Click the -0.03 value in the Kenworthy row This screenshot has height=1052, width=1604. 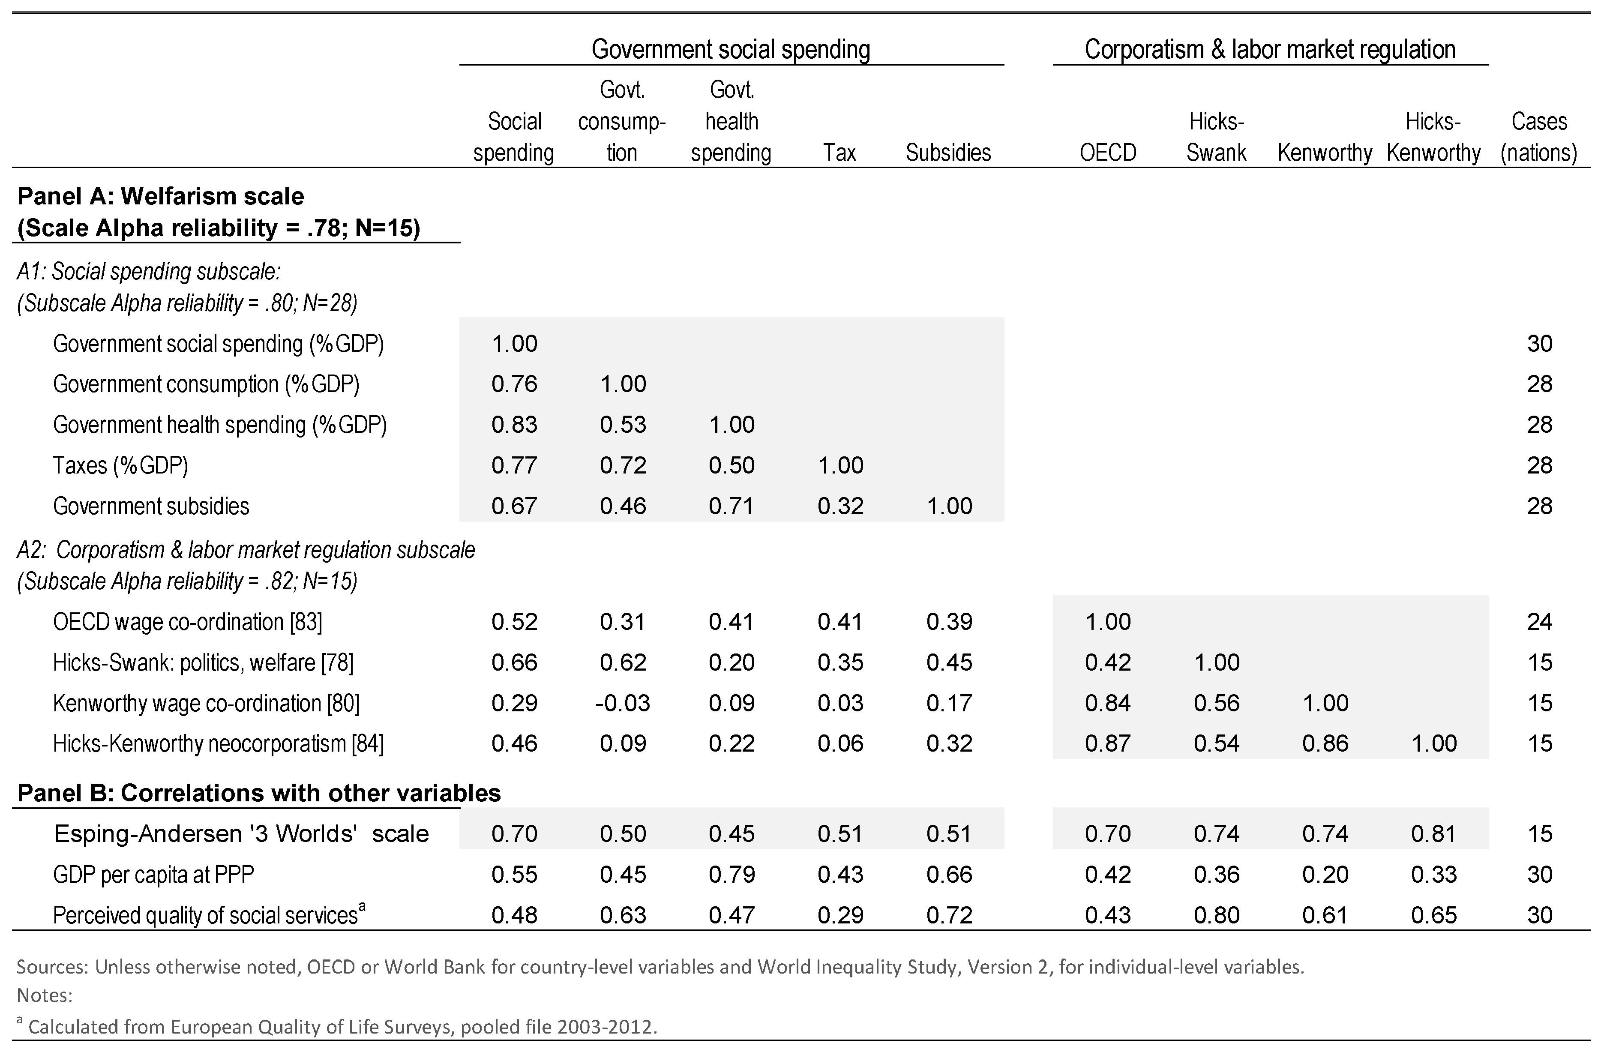click(x=622, y=703)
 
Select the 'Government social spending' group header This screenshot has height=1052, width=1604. click(x=731, y=49)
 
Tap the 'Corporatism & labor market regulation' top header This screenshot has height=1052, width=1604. click(x=1270, y=49)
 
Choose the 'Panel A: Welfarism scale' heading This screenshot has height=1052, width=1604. click(x=160, y=196)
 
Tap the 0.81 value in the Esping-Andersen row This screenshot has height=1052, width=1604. click(x=1433, y=833)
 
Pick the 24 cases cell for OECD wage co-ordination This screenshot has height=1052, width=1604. click(x=1539, y=621)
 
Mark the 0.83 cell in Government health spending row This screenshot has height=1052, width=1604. click(x=514, y=425)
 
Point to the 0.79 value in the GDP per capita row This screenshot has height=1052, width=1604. click(x=731, y=874)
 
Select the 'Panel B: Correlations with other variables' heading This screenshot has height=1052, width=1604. click(x=259, y=793)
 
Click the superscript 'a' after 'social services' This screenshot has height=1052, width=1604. click(x=362, y=907)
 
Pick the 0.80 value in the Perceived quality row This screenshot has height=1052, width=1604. click(x=1217, y=915)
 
